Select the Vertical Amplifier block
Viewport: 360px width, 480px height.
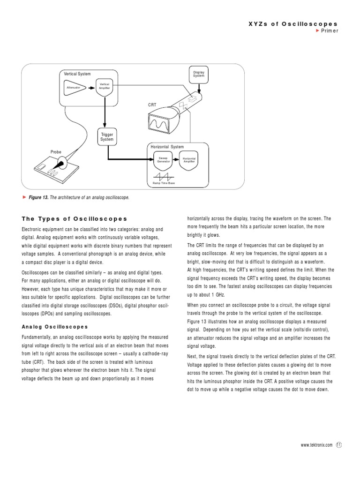coord(104,88)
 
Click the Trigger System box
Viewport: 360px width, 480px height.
coord(107,137)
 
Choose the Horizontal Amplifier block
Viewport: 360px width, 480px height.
coord(189,160)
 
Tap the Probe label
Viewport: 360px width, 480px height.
coord(56,152)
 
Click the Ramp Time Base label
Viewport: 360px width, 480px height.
coord(164,183)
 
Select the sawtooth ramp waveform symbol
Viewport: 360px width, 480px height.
coord(163,175)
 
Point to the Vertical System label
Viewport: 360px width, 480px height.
coord(77,74)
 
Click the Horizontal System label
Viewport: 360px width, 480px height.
coord(167,147)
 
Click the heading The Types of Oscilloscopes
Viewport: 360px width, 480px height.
coord(75,219)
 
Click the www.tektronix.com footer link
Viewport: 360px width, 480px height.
coord(316,445)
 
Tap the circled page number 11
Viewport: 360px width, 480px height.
coord(339,445)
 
